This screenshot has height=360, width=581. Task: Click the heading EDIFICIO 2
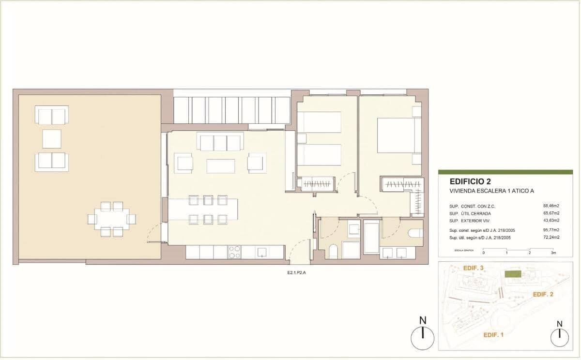coord(470,182)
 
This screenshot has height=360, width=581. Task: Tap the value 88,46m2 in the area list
coord(551,206)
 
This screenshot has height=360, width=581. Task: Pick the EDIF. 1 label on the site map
coord(493,334)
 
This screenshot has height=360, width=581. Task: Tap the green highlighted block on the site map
coord(513,274)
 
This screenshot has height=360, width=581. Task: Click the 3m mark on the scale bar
coord(553,253)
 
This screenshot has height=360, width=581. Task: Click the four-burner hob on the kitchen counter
coord(234,252)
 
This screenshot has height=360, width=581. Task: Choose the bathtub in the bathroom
coord(371,237)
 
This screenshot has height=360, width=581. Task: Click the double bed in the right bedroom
coord(396,135)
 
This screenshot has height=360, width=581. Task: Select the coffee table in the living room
coord(220,166)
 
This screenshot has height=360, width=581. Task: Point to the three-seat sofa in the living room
coord(220,143)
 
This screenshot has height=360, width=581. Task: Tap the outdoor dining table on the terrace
coord(112,219)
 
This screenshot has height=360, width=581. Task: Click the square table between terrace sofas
coord(51,139)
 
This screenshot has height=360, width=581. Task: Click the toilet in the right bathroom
coord(415,234)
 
